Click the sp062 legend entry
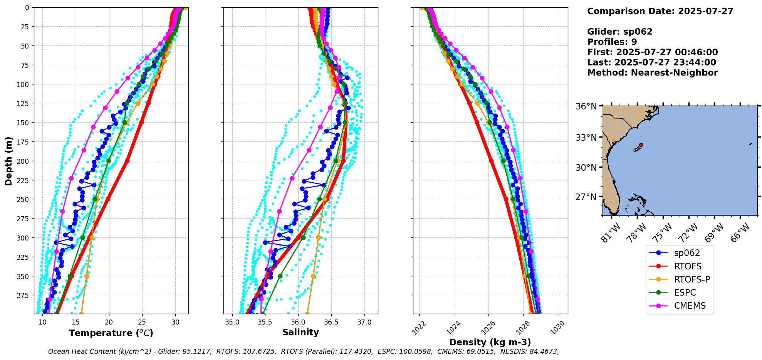pyautogui.click(x=687, y=253)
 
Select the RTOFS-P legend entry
pyautogui.click(x=692, y=279)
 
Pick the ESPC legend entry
pyautogui.click(x=685, y=293)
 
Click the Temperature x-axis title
pyautogui.click(x=111, y=333)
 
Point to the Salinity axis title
pyautogui.click(x=300, y=332)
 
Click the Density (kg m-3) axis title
pyautogui.click(x=490, y=342)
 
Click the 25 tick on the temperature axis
pyautogui.click(x=142, y=322)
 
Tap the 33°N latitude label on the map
pyautogui.click(x=586, y=138)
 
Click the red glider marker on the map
pyautogui.click(x=641, y=145)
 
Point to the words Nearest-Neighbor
pyautogui.click(x=674, y=73)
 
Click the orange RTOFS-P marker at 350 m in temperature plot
pyautogui.click(x=87, y=276)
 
